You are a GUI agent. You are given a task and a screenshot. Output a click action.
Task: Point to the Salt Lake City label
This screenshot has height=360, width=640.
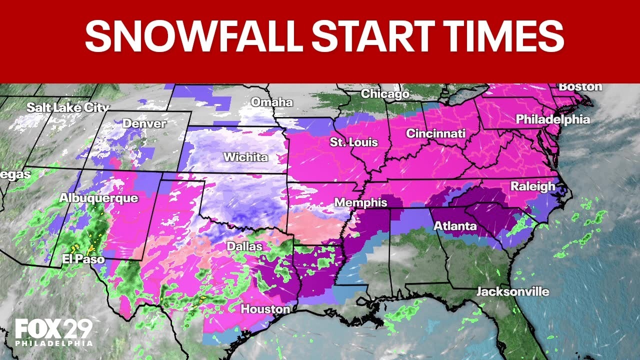[67, 107]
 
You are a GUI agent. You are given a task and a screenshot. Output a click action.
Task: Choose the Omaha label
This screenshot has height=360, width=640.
[271, 102]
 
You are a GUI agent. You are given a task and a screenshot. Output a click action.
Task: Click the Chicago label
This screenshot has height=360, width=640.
[385, 93]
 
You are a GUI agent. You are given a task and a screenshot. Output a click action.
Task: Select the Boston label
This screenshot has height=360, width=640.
[580, 86]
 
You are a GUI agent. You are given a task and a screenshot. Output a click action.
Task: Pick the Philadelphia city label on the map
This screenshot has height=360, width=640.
[552, 119]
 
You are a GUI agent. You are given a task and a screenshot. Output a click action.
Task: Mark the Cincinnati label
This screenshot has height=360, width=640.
[435, 133]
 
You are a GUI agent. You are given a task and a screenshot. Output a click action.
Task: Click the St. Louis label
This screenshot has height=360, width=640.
[354, 142]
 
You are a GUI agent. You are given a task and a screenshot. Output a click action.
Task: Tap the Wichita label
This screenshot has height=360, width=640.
[245, 157]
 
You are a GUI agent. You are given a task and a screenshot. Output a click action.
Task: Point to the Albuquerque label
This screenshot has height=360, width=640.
[98, 198]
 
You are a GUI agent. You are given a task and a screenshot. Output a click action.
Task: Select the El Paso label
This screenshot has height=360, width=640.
[83, 259]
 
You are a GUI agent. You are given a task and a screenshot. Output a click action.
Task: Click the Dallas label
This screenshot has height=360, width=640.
[244, 246]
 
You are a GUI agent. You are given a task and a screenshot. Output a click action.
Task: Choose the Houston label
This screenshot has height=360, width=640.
[265, 309]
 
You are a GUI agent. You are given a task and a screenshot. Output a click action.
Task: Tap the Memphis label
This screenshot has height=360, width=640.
[360, 202]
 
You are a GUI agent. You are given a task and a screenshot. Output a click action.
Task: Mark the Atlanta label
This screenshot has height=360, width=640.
[455, 226]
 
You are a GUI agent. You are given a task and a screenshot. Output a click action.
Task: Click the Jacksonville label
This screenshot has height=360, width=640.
[512, 291]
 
